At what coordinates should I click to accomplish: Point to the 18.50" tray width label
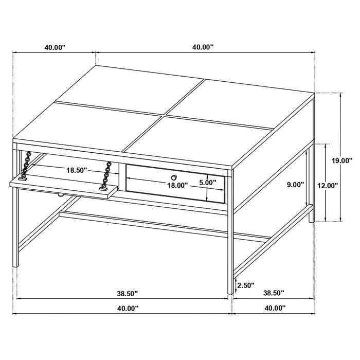click(77, 170)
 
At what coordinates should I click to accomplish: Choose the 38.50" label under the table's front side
click(128, 293)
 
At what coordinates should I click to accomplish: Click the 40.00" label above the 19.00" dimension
click(203, 47)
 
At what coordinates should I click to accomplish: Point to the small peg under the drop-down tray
click(61, 195)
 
